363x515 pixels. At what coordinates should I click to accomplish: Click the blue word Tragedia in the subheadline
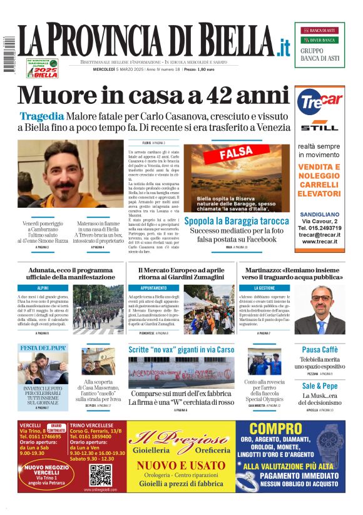(41, 116)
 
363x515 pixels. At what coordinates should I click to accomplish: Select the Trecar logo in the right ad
(319, 101)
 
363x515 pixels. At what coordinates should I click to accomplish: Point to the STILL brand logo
(319, 128)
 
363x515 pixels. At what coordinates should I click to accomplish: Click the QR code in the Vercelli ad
(101, 475)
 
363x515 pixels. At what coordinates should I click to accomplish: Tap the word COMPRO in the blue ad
(277, 431)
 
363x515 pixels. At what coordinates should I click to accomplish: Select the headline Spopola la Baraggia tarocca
(236, 221)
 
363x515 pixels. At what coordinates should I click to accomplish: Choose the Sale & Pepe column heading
(319, 385)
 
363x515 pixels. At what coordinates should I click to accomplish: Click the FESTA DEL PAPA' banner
(43, 348)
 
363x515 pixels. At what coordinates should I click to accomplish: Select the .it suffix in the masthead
(284, 46)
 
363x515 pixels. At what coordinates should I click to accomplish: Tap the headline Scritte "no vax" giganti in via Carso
(181, 349)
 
